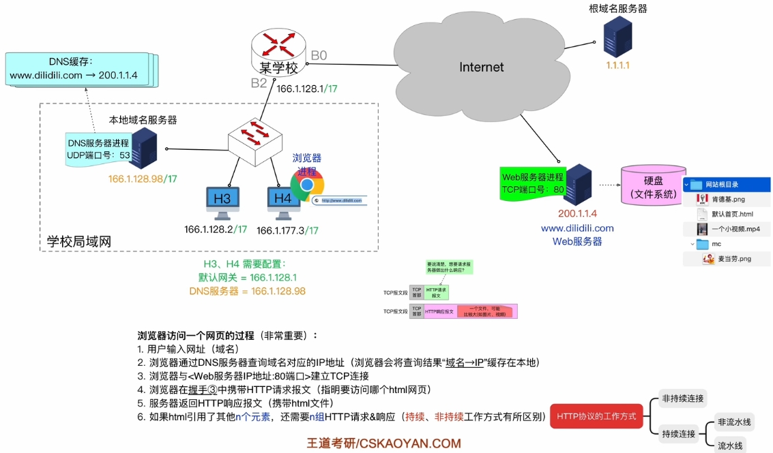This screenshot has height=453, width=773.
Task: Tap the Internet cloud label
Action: pos(481,67)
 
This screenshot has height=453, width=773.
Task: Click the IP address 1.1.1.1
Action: pos(617,66)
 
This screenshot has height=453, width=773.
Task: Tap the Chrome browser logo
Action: pos(308,185)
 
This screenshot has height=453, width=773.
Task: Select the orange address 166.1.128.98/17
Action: pos(143,178)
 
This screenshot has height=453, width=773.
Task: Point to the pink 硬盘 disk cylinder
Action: pos(654,185)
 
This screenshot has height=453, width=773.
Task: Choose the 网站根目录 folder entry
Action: pos(721,184)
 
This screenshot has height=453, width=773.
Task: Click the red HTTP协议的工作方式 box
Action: pos(596,416)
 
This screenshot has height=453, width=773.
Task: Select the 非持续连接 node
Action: pos(682,398)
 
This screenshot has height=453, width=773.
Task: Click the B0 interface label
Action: pos(319,55)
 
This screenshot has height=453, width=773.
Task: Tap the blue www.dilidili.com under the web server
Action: pos(577,228)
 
